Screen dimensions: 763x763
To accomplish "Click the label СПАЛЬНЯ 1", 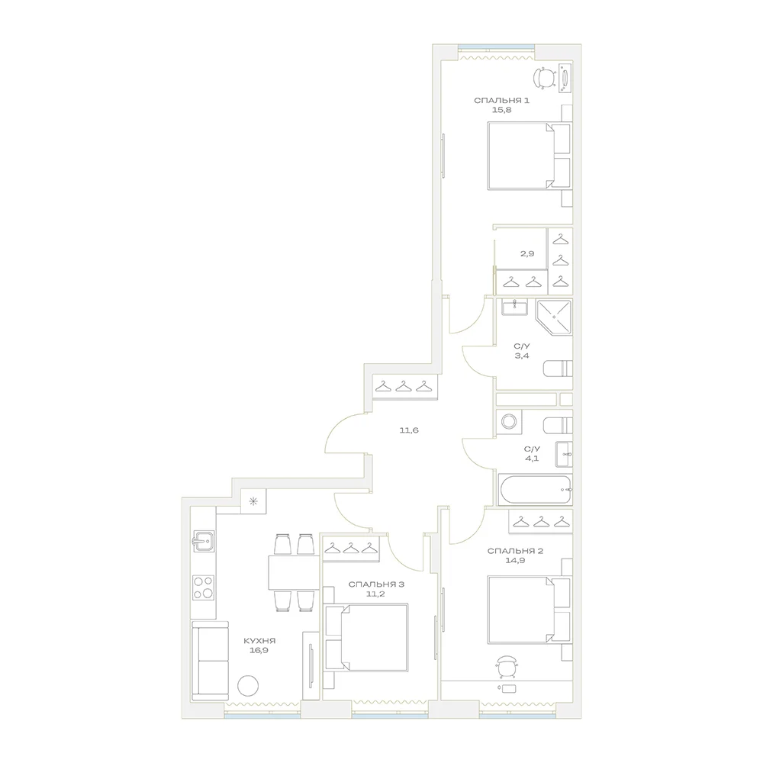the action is coord(501,101).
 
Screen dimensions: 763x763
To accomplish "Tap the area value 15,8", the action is coord(501,110).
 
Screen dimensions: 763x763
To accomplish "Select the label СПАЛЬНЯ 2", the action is coord(515,552).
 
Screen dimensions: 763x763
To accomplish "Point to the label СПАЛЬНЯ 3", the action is coord(376,584).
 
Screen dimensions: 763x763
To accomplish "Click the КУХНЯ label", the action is coord(259,641).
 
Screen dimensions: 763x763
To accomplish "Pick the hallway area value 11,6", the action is coord(409,430).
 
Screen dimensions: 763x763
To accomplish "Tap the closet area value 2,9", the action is coord(527,253).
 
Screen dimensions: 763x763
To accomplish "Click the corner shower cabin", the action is coord(554,317).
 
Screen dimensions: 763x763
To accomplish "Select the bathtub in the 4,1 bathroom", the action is coord(536,490).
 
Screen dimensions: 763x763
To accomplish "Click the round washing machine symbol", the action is coord(509,421).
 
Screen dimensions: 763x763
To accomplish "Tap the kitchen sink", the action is coord(204,541).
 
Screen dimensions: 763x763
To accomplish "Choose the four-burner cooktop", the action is coord(203,587).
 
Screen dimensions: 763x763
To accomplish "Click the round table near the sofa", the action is coord(248,686).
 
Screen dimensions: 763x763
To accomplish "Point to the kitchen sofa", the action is coord(211,660).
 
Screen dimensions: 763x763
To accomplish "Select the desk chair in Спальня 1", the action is coord(545,78).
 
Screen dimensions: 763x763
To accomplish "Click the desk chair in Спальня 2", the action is coord(507,666).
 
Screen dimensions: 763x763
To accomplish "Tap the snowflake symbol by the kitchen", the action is coord(253,501).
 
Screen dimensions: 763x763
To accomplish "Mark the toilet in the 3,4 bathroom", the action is coord(558,369).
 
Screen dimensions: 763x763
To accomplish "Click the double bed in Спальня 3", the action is coord(366,637).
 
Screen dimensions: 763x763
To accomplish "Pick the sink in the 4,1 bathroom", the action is coord(564,455).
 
